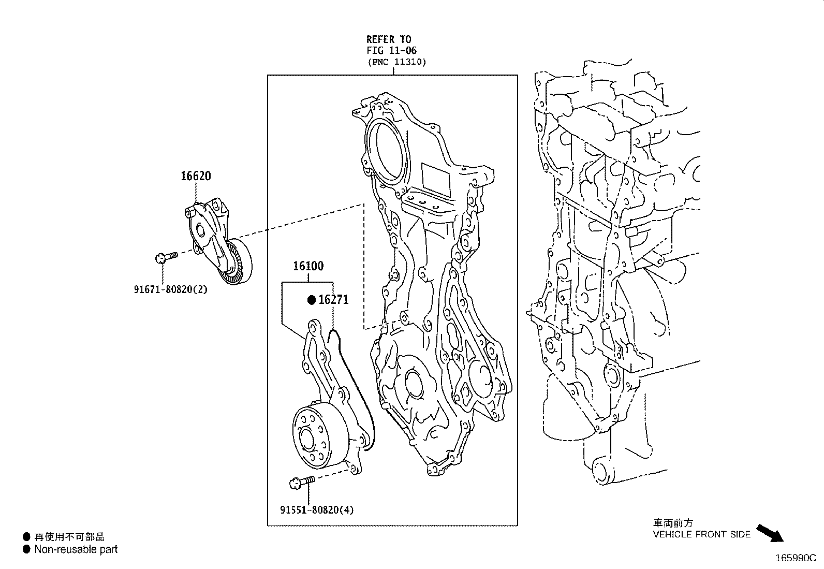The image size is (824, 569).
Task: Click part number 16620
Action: pos(196,176)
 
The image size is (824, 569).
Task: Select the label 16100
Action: pos(308,266)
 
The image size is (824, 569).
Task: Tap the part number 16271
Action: pos(333,300)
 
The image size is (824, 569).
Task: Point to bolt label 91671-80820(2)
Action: pos(171,289)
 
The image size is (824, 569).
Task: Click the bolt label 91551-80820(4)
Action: pos(317,510)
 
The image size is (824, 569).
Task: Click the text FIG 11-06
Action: pos(391,50)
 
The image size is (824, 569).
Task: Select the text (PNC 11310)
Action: pos(398,62)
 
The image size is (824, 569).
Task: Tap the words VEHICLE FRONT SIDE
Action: pos(701,534)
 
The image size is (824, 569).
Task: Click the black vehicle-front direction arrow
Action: pos(770,533)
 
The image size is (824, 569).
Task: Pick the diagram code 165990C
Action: pos(796,558)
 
